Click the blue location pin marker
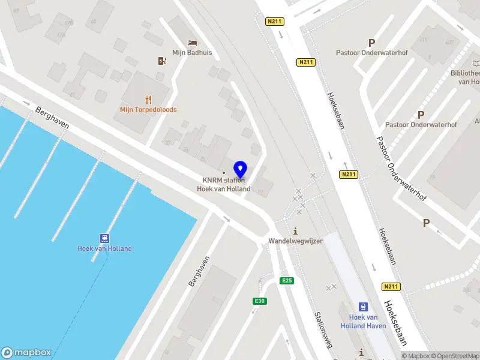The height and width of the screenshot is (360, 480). (x=241, y=169)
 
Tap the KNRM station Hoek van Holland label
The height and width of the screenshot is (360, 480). (x=224, y=184)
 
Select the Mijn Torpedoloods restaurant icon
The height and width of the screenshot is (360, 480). (x=148, y=100)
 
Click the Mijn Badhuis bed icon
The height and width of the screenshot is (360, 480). (x=192, y=43)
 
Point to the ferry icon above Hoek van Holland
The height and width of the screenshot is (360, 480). (x=104, y=238)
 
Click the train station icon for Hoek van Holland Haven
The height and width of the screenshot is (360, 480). (x=363, y=306)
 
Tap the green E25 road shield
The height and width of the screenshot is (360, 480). (x=287, y=281)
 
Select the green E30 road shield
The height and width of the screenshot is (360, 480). (x=259, y=301)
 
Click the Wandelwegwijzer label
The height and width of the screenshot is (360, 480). (x=295, y=241)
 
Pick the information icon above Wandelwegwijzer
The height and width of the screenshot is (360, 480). (x=295, y=231)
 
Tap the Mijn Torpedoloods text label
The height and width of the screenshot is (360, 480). (x=148, y=110)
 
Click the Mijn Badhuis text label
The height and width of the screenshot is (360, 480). (x=192, y=53)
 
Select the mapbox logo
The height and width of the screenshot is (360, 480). (x=26, y=353)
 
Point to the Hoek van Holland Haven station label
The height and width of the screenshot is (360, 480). (x=363, y=321)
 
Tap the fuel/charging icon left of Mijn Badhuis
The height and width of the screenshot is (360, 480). (x=161, y=61)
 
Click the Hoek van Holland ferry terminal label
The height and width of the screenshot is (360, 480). (x=104, y=248)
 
